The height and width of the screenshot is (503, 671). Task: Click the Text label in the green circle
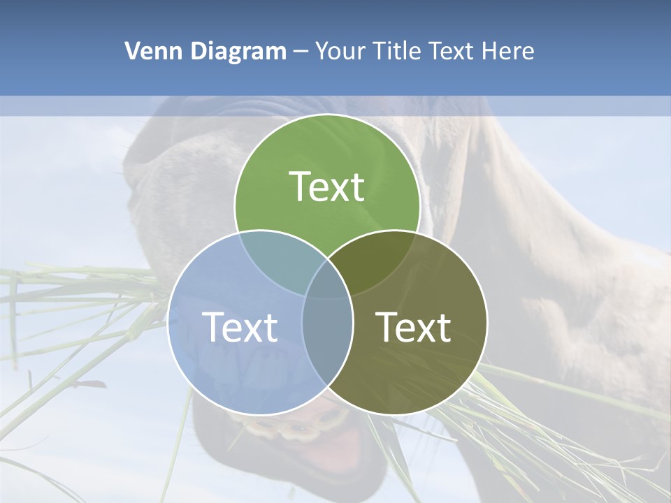coord(326,187)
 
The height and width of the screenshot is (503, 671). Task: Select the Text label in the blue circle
coord(240,326)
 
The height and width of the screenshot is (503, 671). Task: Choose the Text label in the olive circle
coord(413,326)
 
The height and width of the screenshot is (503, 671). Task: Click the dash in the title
coord(301,52)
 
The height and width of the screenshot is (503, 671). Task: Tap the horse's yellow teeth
coord(297,426)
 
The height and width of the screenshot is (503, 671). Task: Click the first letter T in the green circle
coord(300,187)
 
